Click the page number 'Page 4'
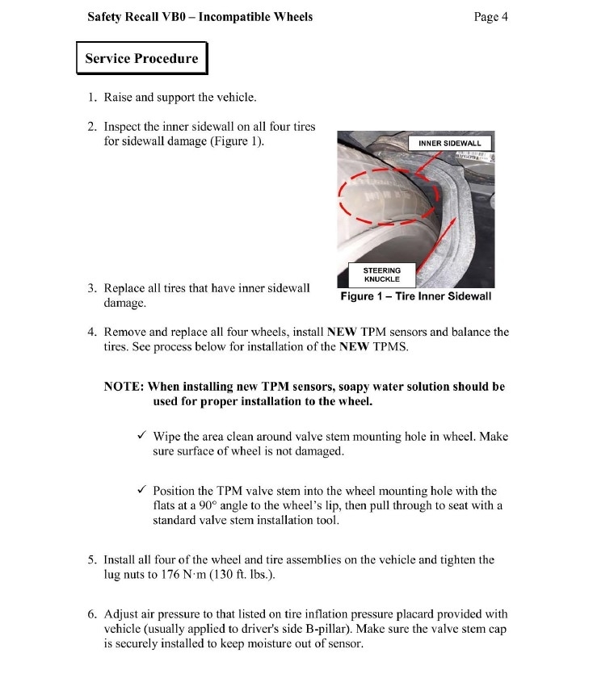tap(491, 16)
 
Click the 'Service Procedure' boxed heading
tap(141, 58)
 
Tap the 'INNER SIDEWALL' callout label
tap(450, 143)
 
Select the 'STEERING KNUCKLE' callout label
tap(382, 274)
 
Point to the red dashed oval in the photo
tap(389, 197)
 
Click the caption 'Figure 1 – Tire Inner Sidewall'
tap(415, 296)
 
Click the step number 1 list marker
tap(92, 98)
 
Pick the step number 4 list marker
tap(92, 332)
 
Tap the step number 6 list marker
tap(92, 614)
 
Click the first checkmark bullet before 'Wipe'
tap(141, 437)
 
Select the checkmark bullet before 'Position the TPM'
tap(141, 491)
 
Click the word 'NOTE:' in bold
tap(124, 387)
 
